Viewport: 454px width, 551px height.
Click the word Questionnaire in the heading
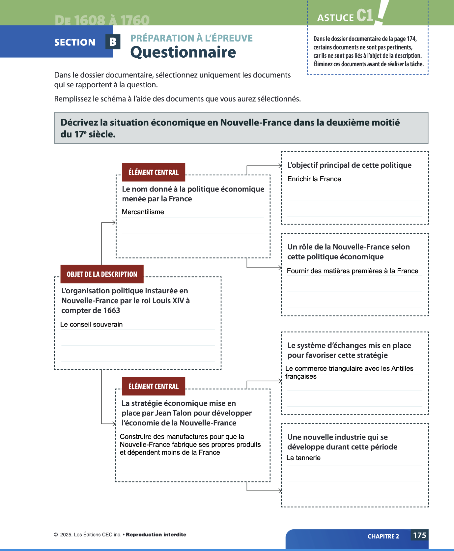click(x=183, y=52)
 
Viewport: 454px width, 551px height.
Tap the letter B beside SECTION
click(x=113, y=42)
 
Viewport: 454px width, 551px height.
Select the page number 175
click(x=419, y=535)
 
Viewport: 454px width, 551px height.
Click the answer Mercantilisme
click(x=143, y=212)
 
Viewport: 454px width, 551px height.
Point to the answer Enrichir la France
click(x=314, y=179)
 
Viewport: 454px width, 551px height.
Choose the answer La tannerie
click(x=303, y=458)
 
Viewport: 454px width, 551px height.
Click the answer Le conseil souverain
click(x=91, y=324)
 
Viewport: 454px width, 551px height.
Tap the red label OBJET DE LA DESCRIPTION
click(x=102, y=274)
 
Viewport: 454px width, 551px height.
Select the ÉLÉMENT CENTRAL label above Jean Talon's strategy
click(x=154, y=386)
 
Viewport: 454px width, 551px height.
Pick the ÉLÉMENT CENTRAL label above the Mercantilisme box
click(x=154, y=172)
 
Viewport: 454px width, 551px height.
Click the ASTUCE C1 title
click(x=345, y=16)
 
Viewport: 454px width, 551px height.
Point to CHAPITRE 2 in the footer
click(x=383, y=536)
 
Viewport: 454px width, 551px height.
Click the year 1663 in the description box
click(x=111, y=310)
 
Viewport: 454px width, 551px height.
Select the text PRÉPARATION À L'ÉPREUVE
click(x=191, y=38)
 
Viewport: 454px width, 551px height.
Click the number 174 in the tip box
click(x=411, y=39)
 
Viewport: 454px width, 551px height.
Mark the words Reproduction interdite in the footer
click(x=156, y=535)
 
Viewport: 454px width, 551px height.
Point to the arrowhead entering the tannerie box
click(x=280, y=491)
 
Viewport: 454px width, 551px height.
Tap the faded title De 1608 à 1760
click(x=102, y=20)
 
